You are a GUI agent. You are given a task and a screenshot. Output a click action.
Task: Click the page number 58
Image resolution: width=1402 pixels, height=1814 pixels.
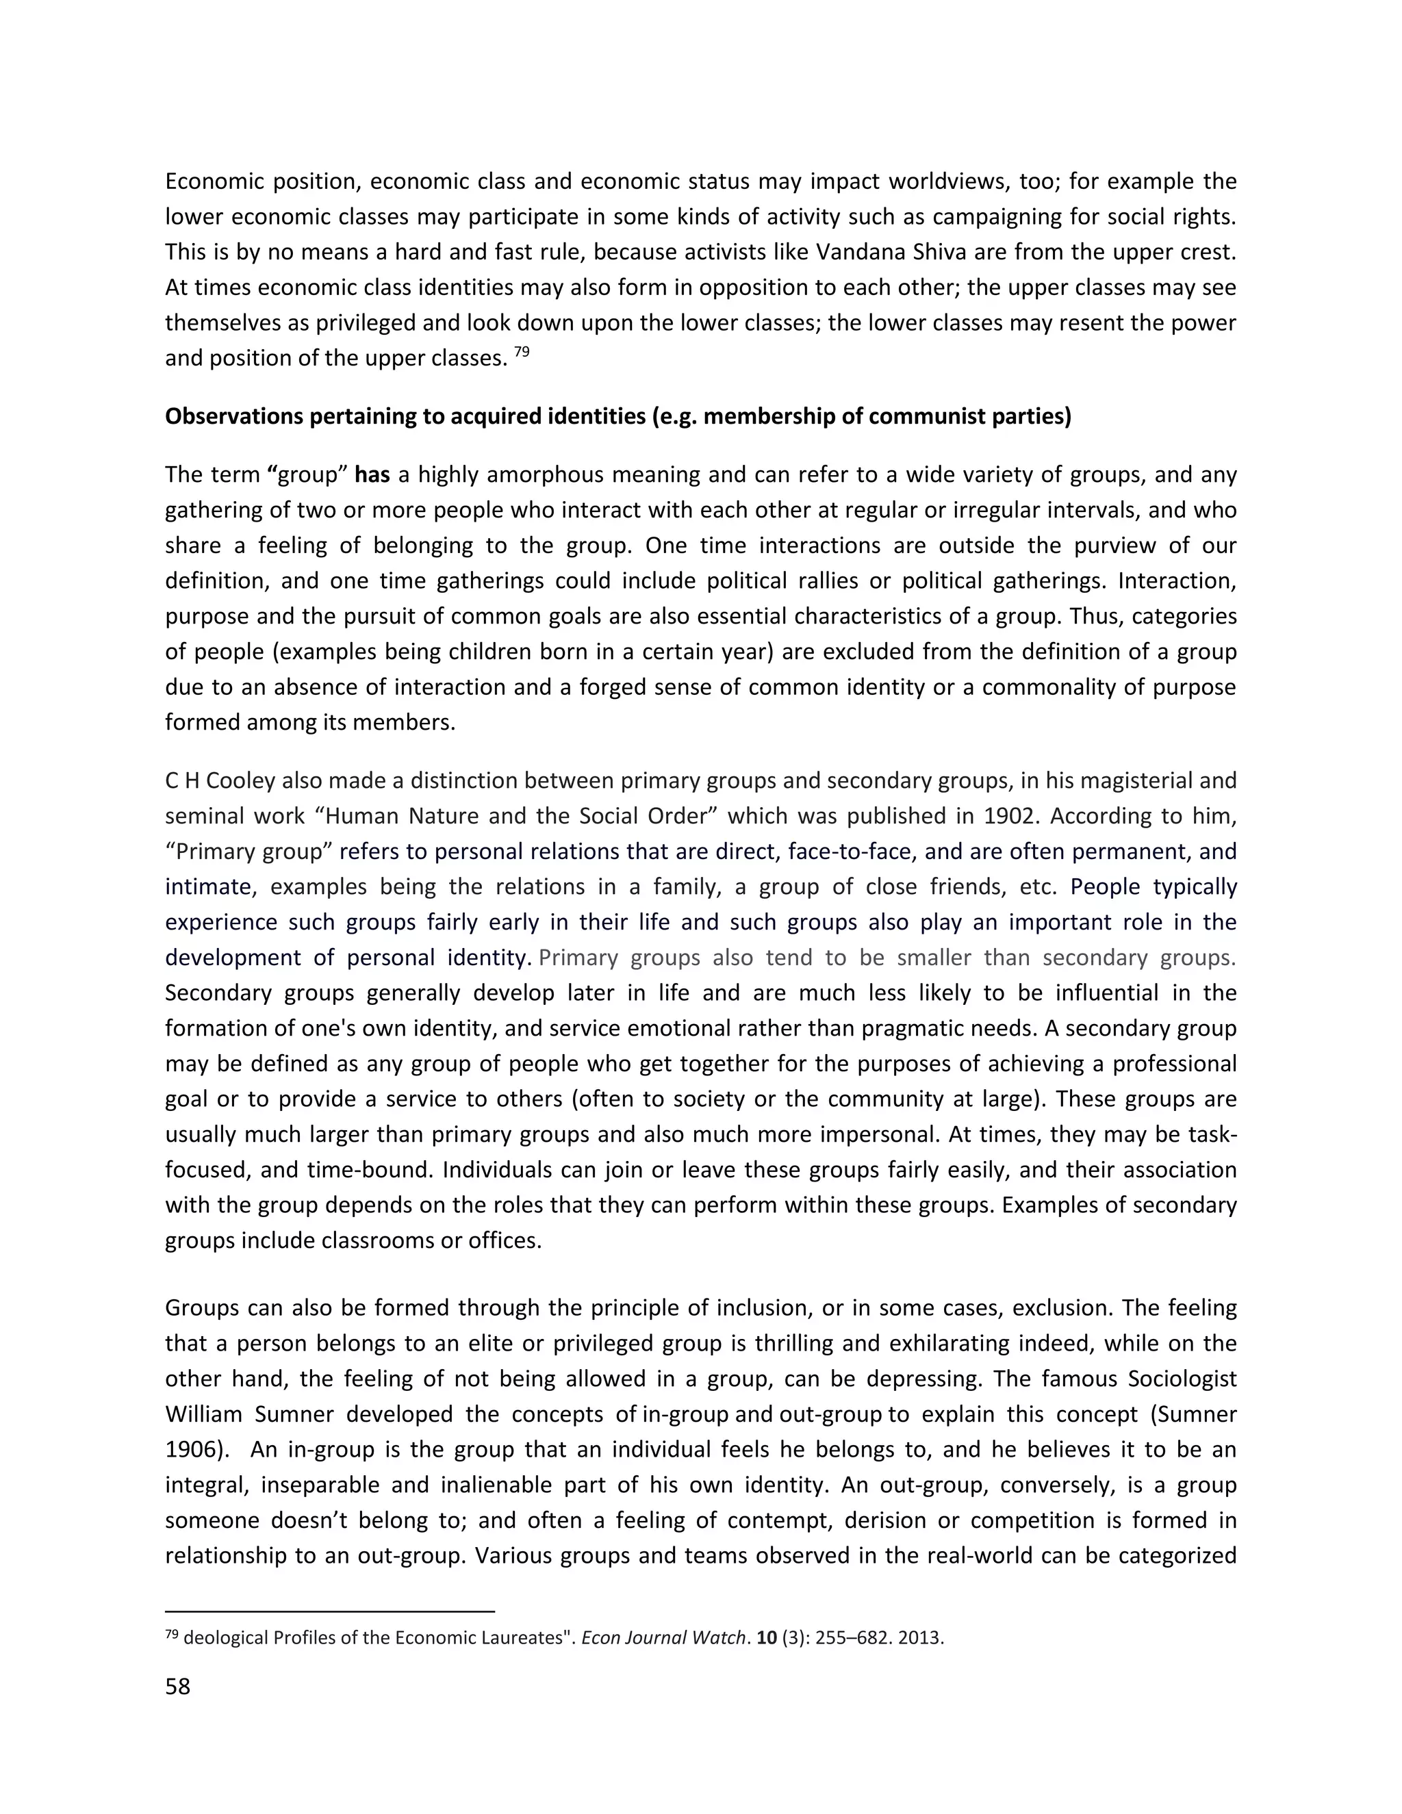[x=178, y=1687]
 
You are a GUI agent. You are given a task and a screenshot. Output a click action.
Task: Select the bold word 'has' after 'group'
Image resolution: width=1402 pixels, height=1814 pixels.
[x=372, y=475]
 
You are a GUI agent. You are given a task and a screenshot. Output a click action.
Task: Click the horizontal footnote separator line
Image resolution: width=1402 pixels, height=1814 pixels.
[x=330, y=1611]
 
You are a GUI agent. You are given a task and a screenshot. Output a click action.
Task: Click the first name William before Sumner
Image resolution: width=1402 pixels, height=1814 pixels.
[x=203, y=1414]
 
